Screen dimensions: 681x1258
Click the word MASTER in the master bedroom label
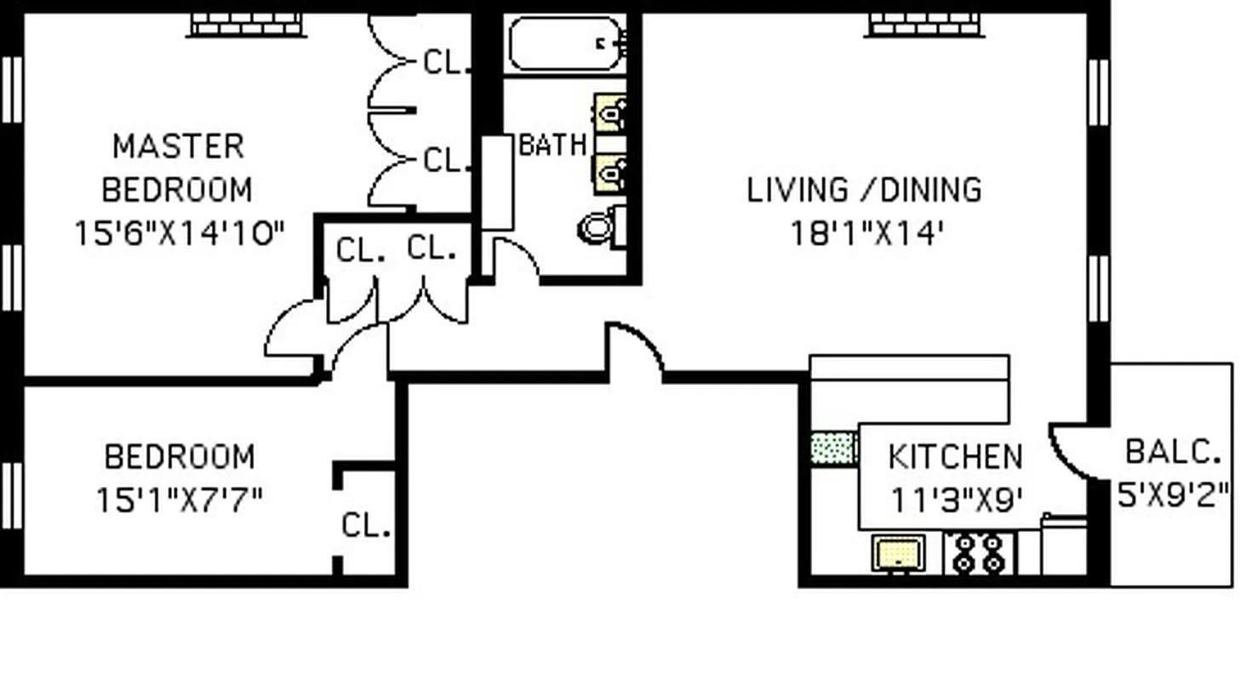[x=178, y=146]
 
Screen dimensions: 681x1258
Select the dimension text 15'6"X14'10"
[x=179, y=233]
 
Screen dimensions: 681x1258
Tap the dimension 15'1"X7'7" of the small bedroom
[x=179, y=500]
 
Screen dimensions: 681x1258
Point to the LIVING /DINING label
[x=864, y=189]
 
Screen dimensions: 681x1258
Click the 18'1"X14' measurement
[x=867, y=233]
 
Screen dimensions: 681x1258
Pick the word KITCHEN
[x=954, y=457]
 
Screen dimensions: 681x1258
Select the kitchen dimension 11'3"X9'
[x=955, y=500]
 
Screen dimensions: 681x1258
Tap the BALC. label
[x=1173, y=452]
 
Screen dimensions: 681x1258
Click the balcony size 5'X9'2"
[x=1173, y=495]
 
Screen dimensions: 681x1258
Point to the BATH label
[x=552, y=146]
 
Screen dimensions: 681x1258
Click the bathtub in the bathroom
[x=565, y=43]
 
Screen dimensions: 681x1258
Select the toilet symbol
[x=601, y=227]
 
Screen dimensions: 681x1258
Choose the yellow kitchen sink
[x=899, y=554]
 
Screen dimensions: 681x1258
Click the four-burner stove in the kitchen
[x=978, y=553]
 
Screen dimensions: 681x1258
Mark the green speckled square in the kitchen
[x=833, y=449]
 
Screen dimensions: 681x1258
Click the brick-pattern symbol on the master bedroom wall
[x=246, y=25]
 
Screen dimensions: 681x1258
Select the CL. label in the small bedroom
[x=365, y=525]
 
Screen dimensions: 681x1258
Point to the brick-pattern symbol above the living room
[x=924, y=25]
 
